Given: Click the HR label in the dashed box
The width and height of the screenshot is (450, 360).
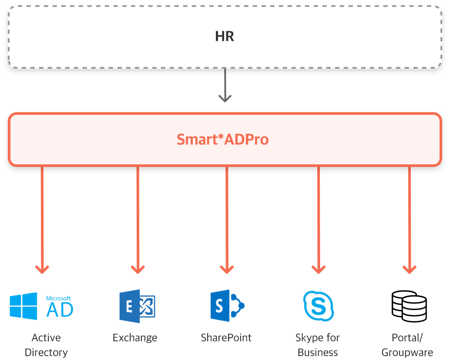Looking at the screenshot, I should [x=225, y=37].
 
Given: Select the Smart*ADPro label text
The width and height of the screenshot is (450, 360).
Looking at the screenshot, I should [x=222, y=140].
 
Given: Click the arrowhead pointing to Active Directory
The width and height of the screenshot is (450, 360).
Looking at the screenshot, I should [x=42, y=269].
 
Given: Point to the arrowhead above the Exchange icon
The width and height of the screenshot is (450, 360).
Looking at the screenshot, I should [x=138, y=269].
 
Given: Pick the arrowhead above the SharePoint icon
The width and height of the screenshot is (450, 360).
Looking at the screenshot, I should [x=227, y=269].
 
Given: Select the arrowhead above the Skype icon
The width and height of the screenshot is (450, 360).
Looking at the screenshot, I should [x=319, y=269].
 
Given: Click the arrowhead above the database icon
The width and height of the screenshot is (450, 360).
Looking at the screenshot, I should [x=409, y=269].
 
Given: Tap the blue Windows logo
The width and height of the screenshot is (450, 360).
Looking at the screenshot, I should [x=24, y=306].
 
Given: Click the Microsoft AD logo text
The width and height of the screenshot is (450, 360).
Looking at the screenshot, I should [x=59, y=306].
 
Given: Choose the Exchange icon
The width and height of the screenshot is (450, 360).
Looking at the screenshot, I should [x=137, y=306].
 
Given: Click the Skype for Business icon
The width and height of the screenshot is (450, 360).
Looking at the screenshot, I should [x=318, y=306].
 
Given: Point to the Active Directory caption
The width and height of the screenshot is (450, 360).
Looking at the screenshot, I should [x=46, y=345].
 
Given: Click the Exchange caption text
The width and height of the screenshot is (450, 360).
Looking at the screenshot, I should [x=135, y=338].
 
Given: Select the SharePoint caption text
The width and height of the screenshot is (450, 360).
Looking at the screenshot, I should [x=226, y=338].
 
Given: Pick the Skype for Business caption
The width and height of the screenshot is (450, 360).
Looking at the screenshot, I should [x=318, y=345].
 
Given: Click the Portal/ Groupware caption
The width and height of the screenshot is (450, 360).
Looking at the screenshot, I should [x=407, y=345].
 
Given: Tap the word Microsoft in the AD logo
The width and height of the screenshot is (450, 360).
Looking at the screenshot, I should [x=59, y=299].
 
